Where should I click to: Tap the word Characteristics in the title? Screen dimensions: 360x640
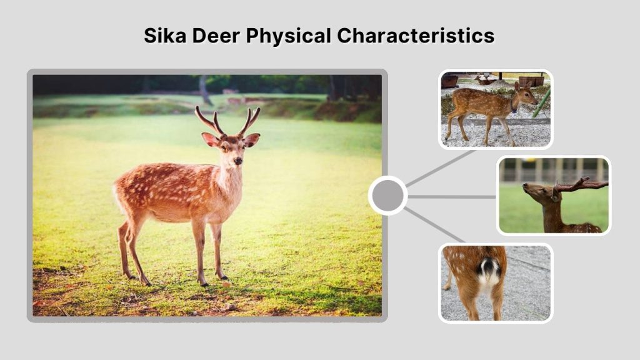click(x=416, y=36)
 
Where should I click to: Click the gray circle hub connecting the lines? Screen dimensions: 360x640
click(x=387, y=196)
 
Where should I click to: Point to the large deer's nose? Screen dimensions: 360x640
click(x=238, y=161)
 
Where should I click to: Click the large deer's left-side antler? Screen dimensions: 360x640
click(x=208, y=120)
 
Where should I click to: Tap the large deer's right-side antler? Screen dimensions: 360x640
click(x=249, y=120)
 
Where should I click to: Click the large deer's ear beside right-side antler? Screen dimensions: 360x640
click(x=252, y=140)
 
